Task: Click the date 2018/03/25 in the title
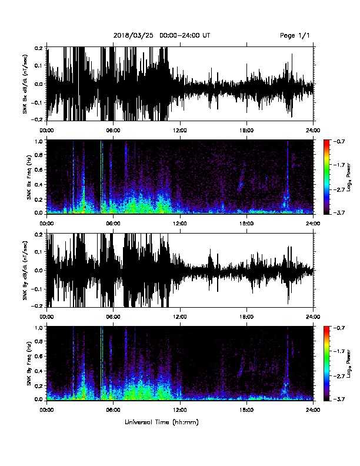(134, 36)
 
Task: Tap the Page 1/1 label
(295, 36)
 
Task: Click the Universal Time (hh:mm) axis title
(162, 422)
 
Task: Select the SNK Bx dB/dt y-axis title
(25, 84)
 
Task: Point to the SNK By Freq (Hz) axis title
(29, 364)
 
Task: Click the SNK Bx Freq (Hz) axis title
(29, 177)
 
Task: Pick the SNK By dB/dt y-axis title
(25, 270)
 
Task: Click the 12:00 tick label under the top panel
(179, 130)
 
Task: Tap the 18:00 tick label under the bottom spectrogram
(246, 410)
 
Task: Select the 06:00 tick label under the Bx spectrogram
(113, 224)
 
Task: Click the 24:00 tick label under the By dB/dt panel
(314, 317)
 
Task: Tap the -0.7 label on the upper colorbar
(339, 141)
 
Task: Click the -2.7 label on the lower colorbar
(339, 376)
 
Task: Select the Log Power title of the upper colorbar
(349, 177)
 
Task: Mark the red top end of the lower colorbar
(326, 328)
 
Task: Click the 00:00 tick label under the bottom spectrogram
(46, 410)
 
